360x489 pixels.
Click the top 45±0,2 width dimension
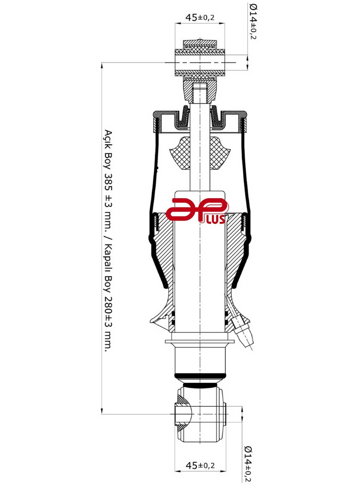click(x=200, y=18)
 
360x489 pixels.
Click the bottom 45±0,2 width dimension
click(x=200, y=465)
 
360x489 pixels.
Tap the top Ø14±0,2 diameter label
click(x=252, y=21)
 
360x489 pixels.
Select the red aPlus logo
click(x=197, y=212)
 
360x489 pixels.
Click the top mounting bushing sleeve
click(x=200, y=62)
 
